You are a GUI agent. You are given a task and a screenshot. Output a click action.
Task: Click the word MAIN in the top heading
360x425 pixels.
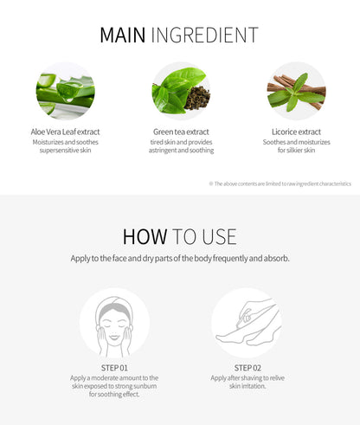(x=122, y=35)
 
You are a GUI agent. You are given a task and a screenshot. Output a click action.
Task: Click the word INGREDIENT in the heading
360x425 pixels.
(x=204, y=35)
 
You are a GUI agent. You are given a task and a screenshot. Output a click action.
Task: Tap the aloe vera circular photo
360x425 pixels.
(x=65, y=90)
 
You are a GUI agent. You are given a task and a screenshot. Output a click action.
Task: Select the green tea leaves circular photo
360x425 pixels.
(x=180, y=90)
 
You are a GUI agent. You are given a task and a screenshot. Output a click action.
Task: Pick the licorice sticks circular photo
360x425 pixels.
(x=295, y=90)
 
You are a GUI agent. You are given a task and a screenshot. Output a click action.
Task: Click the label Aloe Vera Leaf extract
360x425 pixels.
(x=65, y=132)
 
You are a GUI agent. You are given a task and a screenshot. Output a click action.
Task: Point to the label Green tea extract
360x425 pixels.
(x=180, y=132)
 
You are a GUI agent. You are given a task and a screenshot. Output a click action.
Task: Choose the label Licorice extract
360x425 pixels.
(x=295, y=132)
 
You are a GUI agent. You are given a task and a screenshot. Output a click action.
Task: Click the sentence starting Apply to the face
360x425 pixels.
(x=180, y=258)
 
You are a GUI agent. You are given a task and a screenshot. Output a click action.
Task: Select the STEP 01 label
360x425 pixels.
(x=114, y=368)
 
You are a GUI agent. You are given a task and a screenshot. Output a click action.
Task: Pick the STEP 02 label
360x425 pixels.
(x=246, y=368)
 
